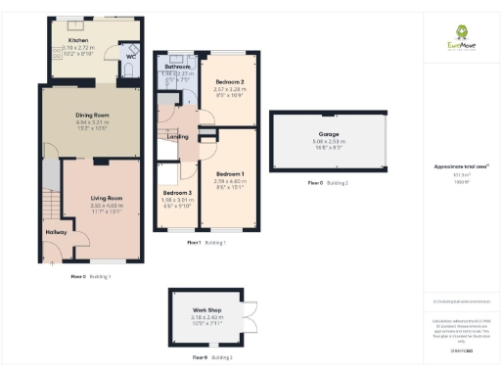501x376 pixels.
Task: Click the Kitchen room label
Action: [x=77, y=40]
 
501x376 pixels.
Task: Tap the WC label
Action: [x=130, y=56]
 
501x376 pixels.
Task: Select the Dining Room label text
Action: [x=92, y=116]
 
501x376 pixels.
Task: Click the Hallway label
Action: [x=55, y=232]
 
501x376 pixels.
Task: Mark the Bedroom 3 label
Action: [x=177, y=193]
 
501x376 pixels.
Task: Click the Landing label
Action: [x=178, y=136]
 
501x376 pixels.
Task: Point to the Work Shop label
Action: [x=207, y=310]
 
